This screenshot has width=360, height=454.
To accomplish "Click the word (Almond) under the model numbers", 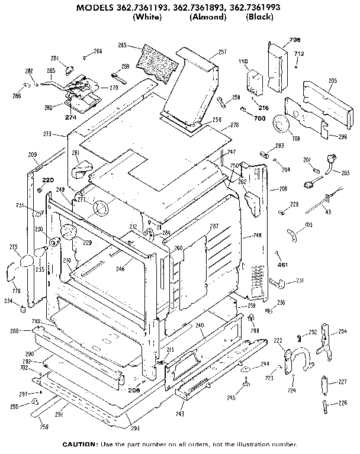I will [208, 17].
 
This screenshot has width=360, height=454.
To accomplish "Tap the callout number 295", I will [123, 45].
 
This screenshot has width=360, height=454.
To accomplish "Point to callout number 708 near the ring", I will [295, 139].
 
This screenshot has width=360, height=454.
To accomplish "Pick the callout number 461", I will [282, 265].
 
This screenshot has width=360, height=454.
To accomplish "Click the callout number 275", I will [14, 247].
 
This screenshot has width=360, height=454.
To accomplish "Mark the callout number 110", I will [242, 61].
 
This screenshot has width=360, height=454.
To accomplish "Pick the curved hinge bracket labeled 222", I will [294, 358].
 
